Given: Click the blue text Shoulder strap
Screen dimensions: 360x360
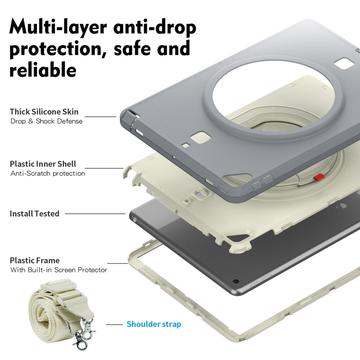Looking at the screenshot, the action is tap(154, 324).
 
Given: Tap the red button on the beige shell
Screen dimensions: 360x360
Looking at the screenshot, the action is tap(319, 177).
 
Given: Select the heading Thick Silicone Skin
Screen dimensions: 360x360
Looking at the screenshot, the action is tap(44, 112).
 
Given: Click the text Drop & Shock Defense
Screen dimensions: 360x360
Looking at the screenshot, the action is tap(47, 121).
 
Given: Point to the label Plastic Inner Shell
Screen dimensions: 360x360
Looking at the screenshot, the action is tap(43, 164).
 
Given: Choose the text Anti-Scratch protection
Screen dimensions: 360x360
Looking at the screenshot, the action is tap(48, 173).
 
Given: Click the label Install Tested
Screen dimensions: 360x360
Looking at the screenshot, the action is tap(35, 214).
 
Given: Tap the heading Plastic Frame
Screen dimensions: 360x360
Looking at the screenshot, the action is tap(35, 260).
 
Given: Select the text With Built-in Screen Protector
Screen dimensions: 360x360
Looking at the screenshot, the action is tap(59, 270).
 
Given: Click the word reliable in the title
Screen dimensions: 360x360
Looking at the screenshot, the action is tap(43, 70).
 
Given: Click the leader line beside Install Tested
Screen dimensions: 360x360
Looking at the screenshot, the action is tap(96, 214).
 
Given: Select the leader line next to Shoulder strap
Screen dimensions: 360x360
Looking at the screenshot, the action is tap(114, 324).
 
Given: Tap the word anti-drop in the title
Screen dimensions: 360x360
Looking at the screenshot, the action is tap(155, 27).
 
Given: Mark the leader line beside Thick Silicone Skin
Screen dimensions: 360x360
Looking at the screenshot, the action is tap(101, 117).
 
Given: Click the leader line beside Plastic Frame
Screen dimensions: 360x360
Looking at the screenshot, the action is tap(118, 264).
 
